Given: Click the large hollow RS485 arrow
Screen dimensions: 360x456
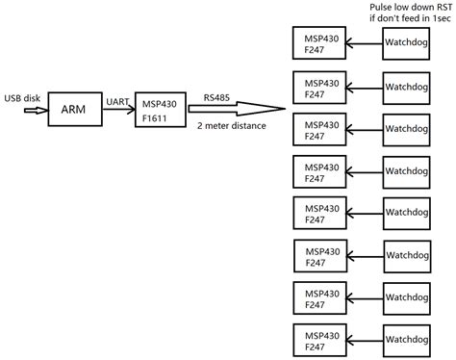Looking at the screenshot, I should tap(241, 110).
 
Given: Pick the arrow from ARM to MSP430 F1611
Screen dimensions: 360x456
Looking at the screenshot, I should tap(119, 110).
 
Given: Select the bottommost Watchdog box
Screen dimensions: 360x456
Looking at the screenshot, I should tap(413, 341).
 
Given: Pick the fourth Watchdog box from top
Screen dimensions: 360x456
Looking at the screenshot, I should tap(413, 171).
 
